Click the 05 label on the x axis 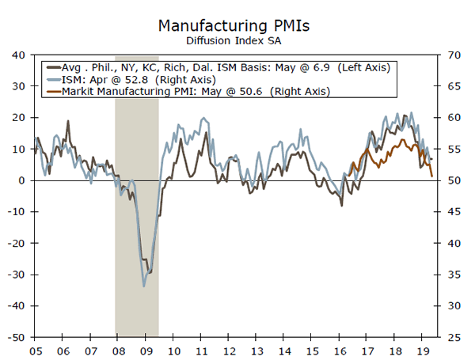click(x=36, y=349)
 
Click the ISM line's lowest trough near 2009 click(x=144, y=286)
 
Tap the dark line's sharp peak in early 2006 click(x=68, y=121)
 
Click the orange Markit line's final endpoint click(x=432, y=176)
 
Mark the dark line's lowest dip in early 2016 click(x=341, y=206)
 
